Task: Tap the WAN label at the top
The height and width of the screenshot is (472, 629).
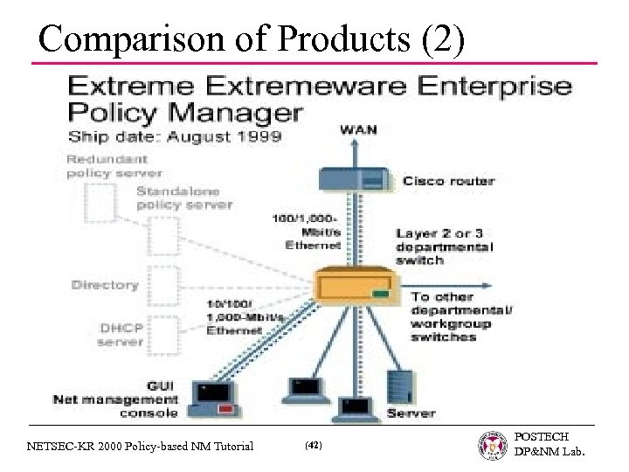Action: pyautogui.click(x=358, y=129)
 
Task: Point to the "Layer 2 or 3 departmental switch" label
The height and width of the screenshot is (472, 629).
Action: pyautogui.click(x=444, y=246)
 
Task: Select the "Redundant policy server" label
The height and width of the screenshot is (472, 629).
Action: pyautogui.click(x=114, y=166)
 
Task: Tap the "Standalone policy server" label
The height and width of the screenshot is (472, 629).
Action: pyautogui.click(x=183, y=198)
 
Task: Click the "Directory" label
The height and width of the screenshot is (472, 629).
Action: pyautogui.click(x=105, y=285)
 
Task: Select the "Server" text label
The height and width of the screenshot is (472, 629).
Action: pyautogui.click(x=411, y=412)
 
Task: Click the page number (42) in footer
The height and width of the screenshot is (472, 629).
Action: pyautogui.click(x=313, y=446)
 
